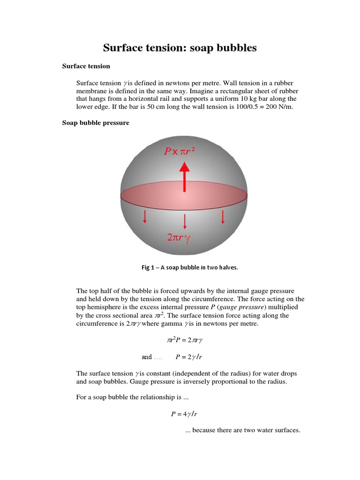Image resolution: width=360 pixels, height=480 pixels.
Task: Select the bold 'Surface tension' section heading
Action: tap(86, 66)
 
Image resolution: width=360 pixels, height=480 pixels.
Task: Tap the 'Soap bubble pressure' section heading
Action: tap(96, 123)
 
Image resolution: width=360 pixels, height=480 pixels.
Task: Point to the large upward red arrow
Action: tap(185, 176)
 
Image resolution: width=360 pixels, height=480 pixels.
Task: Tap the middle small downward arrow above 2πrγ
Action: tap(185, 220)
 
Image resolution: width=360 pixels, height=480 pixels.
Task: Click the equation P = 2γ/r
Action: tap(188, 357)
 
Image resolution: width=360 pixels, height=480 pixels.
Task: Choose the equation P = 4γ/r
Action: tap(187, 414)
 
